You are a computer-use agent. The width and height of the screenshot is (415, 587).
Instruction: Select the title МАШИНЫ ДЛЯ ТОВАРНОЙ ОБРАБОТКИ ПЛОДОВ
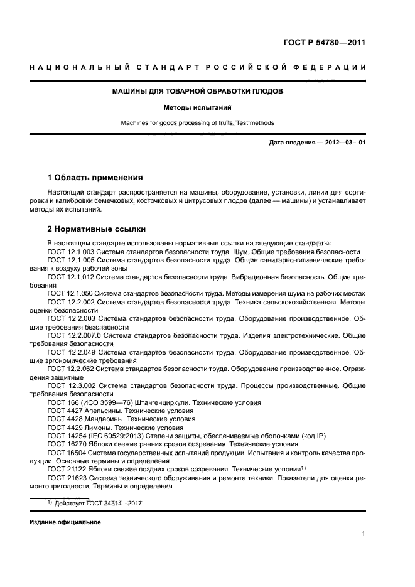197,91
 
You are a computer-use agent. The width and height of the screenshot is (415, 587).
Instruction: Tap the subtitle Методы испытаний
197,107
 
